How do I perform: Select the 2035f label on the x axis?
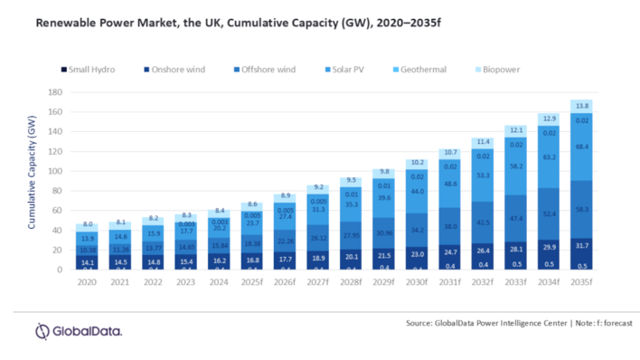click(581, 282)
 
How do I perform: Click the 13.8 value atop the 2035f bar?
click(581, 106)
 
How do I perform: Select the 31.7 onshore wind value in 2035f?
click(581, 245)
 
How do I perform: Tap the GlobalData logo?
click(79, 331)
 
